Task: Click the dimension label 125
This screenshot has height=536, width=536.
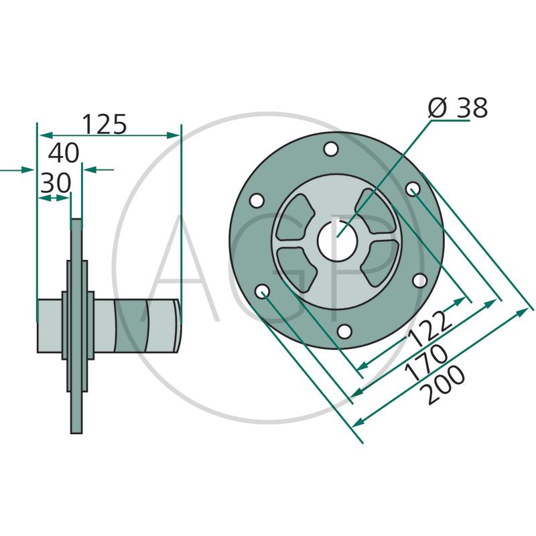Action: pyautogui.click(x=105, y=124)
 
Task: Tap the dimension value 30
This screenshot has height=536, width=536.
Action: pyautogui.click(x=56, y=183)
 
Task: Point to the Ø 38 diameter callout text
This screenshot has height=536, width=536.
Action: pyautogui.click(x=458, y=108)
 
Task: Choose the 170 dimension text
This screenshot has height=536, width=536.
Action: pyautogui.click(x=426, y=362)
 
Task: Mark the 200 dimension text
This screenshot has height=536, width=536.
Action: pyautogui.click(x=444, y=385)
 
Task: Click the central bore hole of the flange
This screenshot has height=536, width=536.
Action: pyautogui.click(x=337, y=241)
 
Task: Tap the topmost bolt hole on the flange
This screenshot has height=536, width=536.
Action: pyautogui.click(x=331, y=149)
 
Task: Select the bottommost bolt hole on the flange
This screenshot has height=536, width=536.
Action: pyautogui.click(x=344, y=331)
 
